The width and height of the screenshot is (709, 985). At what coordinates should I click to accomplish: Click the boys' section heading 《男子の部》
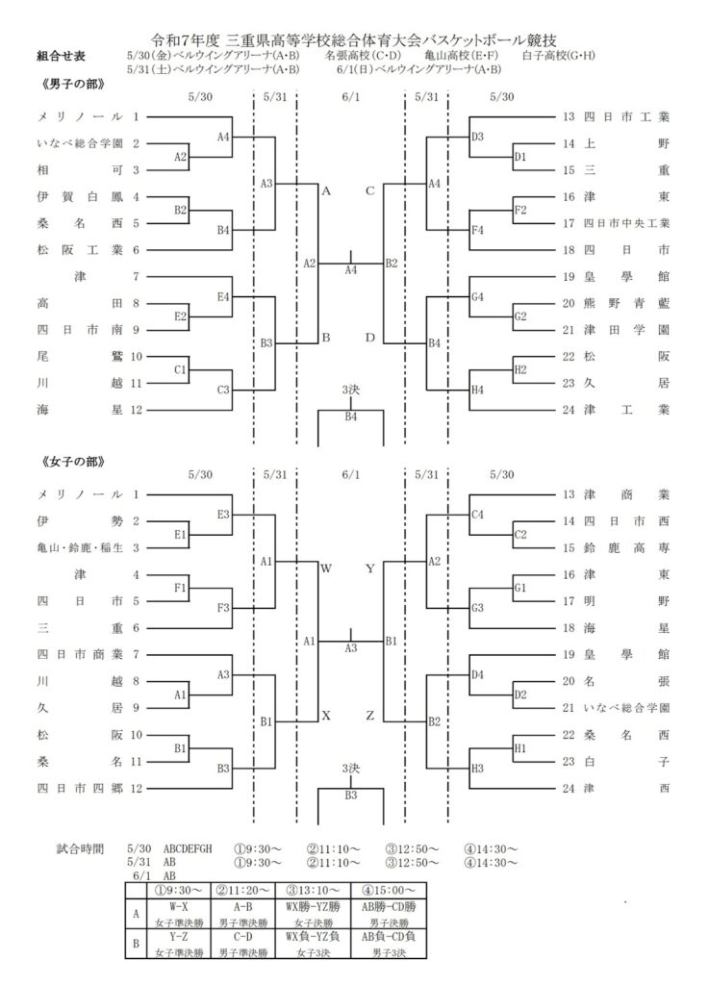pyautogui.click(x=71, y=85)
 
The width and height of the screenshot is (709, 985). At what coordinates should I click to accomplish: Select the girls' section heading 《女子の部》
pyautogui.click(x=71, y=462)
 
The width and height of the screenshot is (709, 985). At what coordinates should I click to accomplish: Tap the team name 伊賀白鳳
pyautogui.click(x=80, y=196)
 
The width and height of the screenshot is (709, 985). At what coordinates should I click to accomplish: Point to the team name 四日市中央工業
pyautogui.click(x=626, y=223)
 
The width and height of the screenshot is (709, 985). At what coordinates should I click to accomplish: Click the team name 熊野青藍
pyautogui.click(x=626, y=303)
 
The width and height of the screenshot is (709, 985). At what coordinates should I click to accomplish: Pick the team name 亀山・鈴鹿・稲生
pyautogui.click(x=80, y=547)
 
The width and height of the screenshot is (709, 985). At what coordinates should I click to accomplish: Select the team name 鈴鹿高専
pyautogui.click(x=626, y=547)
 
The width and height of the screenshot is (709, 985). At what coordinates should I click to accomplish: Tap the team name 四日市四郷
pyautogui.click(x=80, y=788)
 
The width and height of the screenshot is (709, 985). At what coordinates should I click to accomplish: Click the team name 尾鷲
pyautogui.click(x=80, y=356)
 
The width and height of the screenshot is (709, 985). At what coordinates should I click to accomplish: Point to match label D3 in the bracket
pyautogui.click(x=477, y=137)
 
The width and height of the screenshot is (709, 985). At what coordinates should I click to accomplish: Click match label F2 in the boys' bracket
pyautogui.click(x=520, y=210)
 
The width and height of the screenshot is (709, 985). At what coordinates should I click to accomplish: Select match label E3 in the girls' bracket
pyautogui.click(x=223, y=515)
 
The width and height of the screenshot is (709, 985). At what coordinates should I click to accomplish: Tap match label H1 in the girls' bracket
pyautogui.click(x=520, y=748)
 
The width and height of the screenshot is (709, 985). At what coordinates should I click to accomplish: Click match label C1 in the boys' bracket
pyautogui.click(x=180, y=369)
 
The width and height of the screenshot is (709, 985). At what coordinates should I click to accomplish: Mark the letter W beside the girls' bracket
pyautogui.click(x=326, y=568)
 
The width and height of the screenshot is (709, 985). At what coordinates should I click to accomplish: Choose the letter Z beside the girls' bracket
pyautogui.click(x=369, y=716)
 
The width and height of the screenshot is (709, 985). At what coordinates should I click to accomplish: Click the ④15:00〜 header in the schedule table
pyautogui.click(x=389, y=890)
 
